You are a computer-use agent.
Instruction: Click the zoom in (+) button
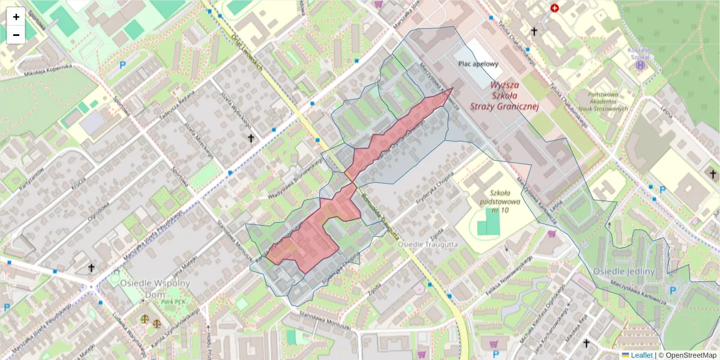(16, 17)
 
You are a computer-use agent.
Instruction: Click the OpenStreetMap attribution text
(689, 355)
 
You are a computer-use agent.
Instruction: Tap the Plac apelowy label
(478, 64)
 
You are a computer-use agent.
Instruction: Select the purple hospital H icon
(641, 64)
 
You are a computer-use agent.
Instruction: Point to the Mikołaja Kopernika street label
(48, 70)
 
